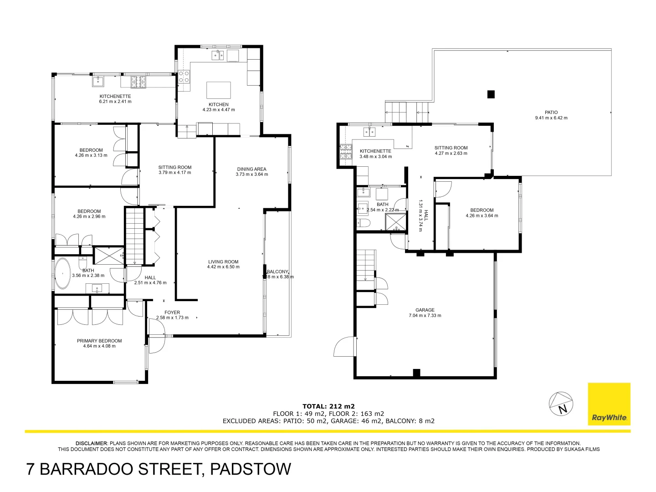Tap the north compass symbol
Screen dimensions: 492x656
(561, 404)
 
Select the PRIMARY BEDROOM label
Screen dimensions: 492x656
(99, 341)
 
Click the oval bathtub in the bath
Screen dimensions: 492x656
(62, 274)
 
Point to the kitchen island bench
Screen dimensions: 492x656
(218, 90)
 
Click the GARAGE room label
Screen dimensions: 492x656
(425, 310)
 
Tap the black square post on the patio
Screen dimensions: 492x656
(491, 94)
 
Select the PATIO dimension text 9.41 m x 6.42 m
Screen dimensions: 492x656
(551, 118)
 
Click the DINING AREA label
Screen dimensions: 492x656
(251, 169)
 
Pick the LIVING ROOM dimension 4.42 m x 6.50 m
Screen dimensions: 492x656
(223, 267)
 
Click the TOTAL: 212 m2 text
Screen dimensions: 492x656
(328, 406)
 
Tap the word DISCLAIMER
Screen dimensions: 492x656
(92, 443)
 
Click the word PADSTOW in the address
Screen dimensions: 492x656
(250, 469)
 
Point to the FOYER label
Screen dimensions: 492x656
(172, 313)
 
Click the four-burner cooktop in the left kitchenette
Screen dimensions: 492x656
(138, 82)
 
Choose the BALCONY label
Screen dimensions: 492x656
(277, 272)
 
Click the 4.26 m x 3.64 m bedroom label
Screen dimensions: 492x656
(482, 213)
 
